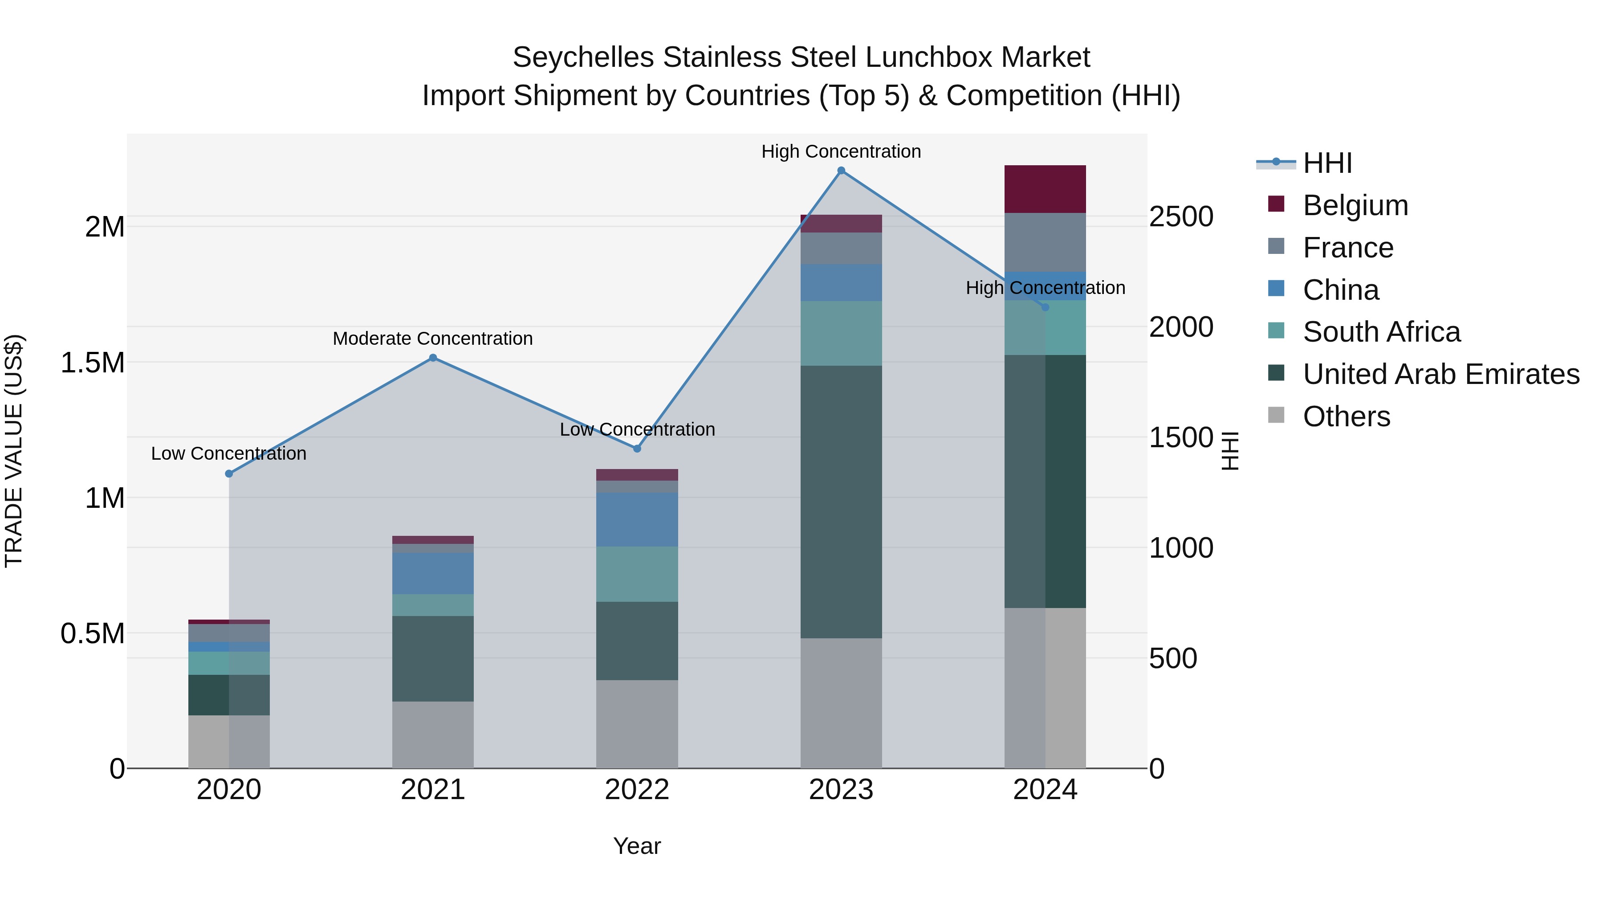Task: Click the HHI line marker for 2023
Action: click(x=841, y=171)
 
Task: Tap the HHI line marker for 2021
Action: click(x=433, y=358)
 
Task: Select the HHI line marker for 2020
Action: click(x=229, y=474)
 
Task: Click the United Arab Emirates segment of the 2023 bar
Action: click(x=841, y=501)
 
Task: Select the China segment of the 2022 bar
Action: click(x=637, y=519)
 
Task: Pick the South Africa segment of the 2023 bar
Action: click(x=841, y=333)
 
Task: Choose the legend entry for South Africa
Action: click(x=1381, y=332)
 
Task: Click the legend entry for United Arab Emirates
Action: click(x=1440, y=374)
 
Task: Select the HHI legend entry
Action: click(x=1327, y=163)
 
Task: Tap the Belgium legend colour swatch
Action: click(x=1276, y=204)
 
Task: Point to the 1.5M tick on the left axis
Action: click(x=92, y=362)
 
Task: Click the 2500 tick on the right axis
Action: click(x=1180, y=216)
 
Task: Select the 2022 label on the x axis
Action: click(x=637, y=790)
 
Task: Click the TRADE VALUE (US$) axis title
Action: click(x=14, y=451)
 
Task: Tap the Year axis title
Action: click(x=637, y=846)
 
